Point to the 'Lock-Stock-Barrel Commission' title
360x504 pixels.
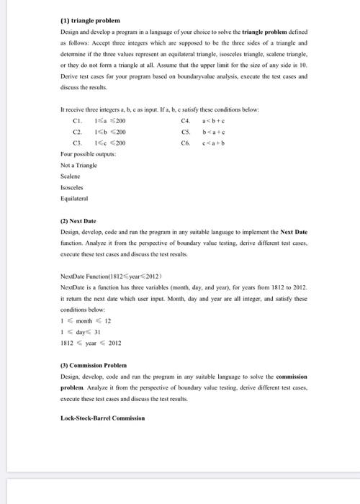(x=103, y=418)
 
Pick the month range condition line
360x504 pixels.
(x=82, y=320)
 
